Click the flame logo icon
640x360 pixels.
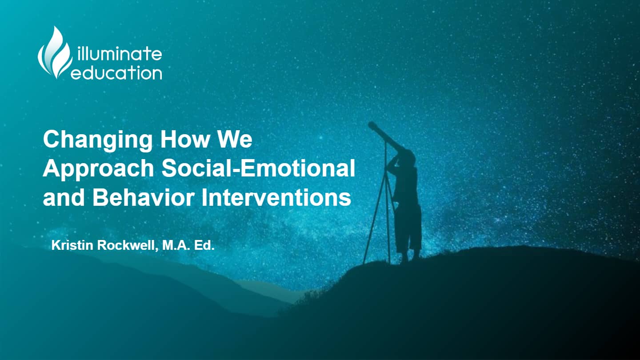point(55,52)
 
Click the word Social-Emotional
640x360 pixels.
point(258,168)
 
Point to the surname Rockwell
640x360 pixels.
point(128,246)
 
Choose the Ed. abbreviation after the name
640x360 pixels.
point(204,245)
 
